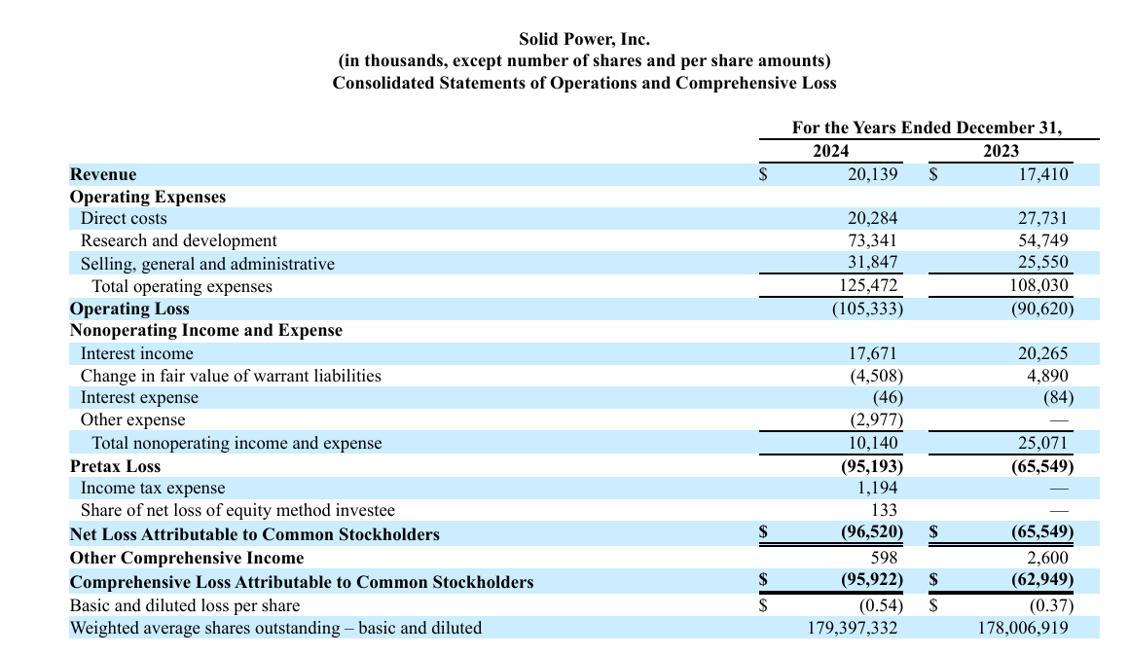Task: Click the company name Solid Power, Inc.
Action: pos(584,39)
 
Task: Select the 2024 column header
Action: pos(831,151)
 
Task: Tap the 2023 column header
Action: pos(1001,151)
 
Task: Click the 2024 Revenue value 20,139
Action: pos(873,174)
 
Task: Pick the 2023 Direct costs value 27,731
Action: pos(1042,218)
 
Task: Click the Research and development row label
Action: pos(178,240)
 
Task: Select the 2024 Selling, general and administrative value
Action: pos(873,262)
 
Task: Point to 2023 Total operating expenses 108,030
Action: pos(1039,286)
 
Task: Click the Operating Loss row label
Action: pos(129,309)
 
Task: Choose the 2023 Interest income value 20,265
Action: pos(1042,353)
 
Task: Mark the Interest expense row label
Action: pos(139,397)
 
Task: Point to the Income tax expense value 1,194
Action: pos(877,488)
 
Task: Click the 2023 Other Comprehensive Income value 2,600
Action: pos(1047,558)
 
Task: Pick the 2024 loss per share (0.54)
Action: pos(881,605)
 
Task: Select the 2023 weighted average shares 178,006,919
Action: pos(1023,629)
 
